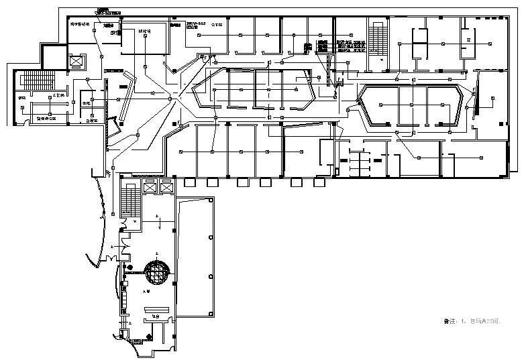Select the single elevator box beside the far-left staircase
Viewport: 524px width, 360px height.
coord(76,61)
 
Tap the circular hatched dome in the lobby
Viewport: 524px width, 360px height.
coord(156,274)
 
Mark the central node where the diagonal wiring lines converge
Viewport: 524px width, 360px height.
coord(170,99)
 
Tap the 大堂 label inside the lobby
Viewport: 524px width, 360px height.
coord(144,292)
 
